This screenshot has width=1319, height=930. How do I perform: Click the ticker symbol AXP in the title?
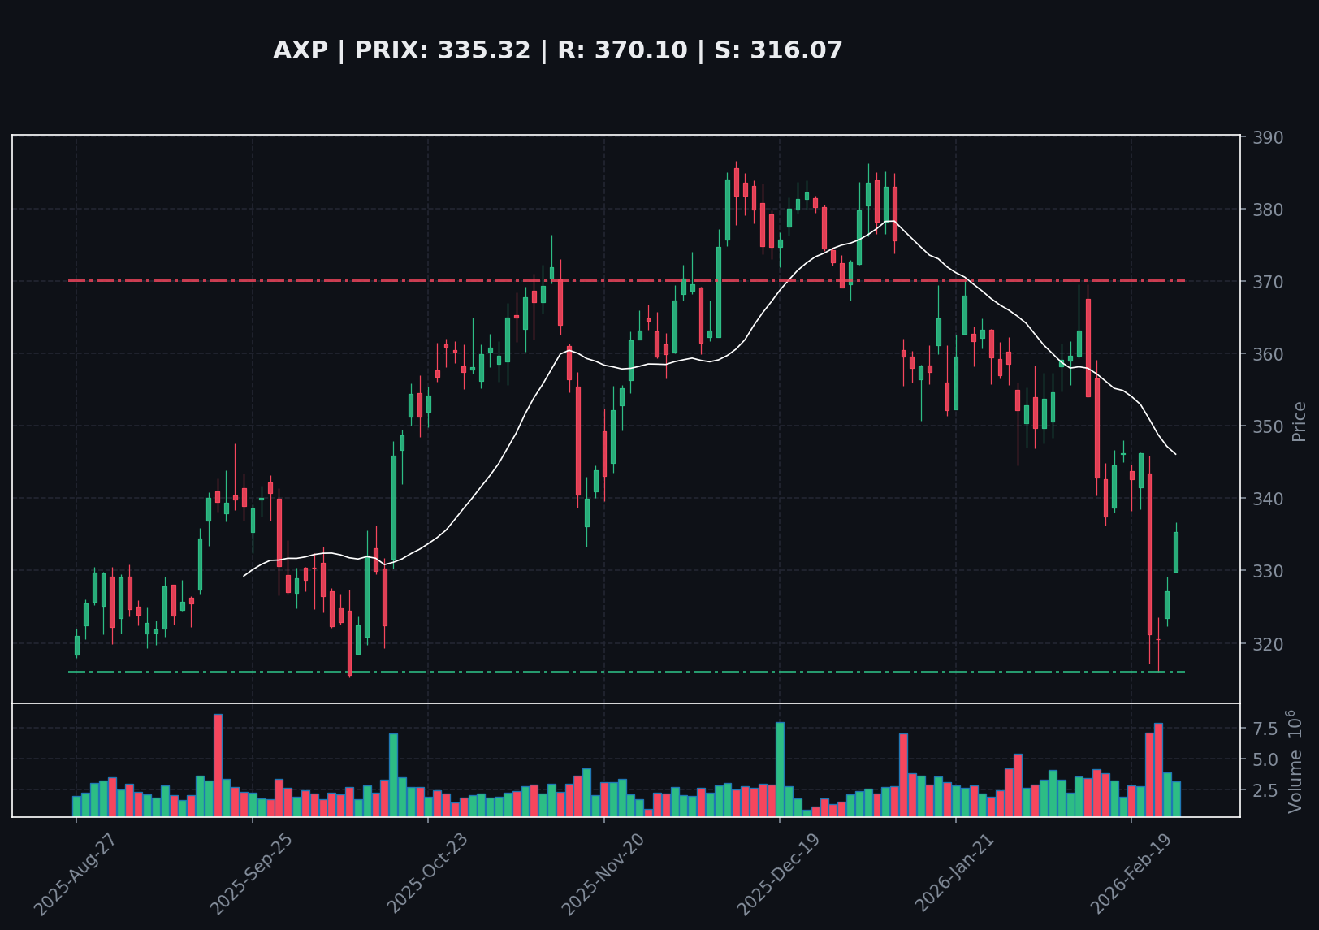[300, 51]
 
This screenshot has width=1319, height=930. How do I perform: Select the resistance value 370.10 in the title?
[622, 51]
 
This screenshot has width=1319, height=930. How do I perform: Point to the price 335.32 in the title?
[483, 51]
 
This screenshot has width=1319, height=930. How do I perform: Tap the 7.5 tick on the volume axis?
[1265, 729]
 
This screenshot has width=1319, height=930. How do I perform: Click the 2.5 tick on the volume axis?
[1265, 790]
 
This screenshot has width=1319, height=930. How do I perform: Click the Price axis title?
[1299, 422]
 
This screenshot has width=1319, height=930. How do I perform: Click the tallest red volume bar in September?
[218, 765]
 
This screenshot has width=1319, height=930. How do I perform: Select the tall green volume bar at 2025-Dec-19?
[780, 768]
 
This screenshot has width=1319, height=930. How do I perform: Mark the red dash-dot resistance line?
[487, 281]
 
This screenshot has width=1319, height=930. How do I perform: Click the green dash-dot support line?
[487, 673]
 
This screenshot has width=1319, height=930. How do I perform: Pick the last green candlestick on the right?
[1175, 552]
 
